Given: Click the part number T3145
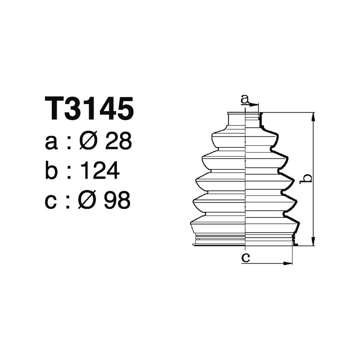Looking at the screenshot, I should coord(89,109).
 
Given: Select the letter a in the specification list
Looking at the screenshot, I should coord(52,143).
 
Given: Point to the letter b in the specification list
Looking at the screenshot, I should coord(52,171).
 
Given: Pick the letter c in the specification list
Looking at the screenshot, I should coord(52,201).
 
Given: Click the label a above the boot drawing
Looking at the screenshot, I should coord(245,99).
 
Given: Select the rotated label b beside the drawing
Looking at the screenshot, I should coord(306,179).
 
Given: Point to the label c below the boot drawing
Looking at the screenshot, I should coord(245,257).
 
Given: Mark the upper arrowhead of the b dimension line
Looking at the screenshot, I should coord(313,116).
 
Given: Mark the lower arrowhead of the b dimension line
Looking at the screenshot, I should coord(313,243).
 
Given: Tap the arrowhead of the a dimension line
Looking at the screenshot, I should coord(256,105).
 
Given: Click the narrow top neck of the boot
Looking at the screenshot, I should coord(244,120).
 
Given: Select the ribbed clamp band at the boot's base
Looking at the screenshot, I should coord(244,239).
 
